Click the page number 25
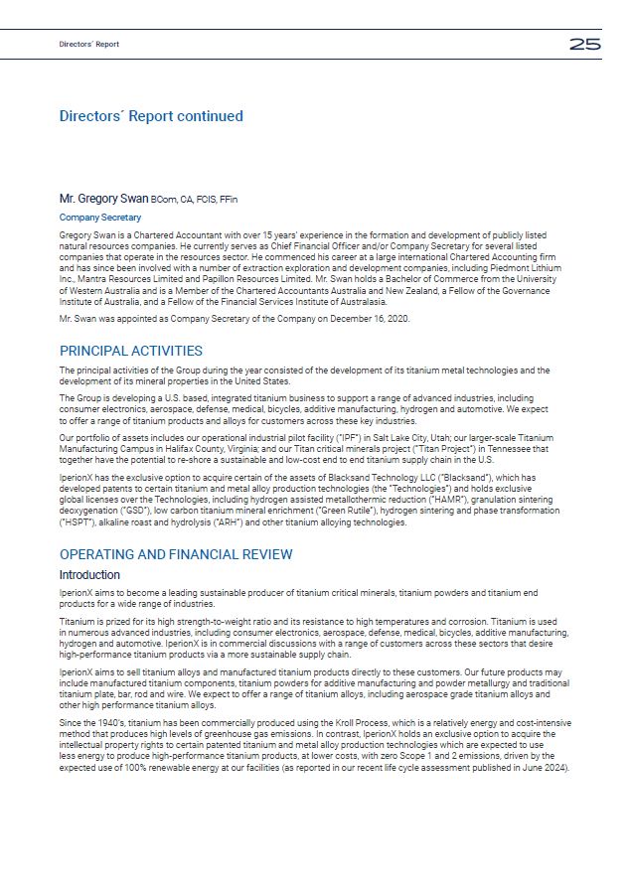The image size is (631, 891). point(584,44)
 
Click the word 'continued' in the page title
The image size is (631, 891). point(210,116)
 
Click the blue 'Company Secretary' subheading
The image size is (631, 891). point(100,218)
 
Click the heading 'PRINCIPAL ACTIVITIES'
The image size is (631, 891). point(131,351)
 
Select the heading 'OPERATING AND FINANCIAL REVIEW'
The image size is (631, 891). point(176,554)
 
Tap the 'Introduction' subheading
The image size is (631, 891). point(89,575)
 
